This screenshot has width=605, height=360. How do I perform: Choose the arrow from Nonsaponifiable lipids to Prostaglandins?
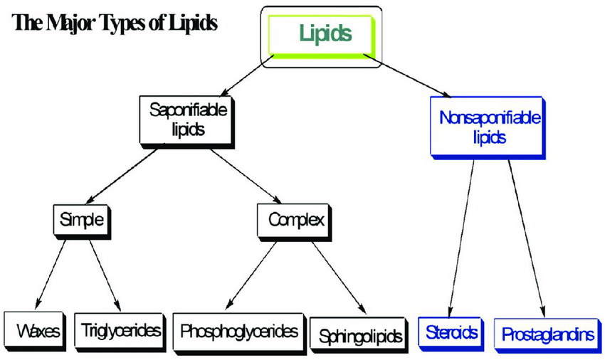click(x=527, y=235)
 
